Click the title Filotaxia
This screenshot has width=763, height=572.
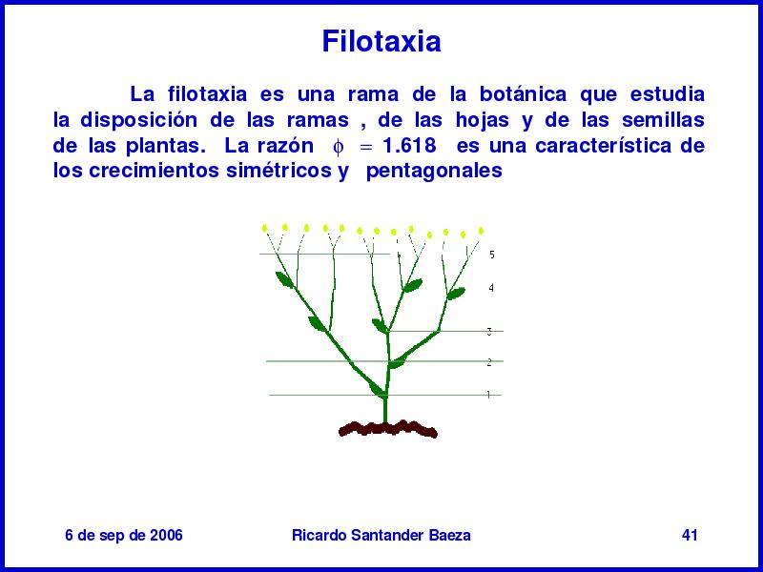381,41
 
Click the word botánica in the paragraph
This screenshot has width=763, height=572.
523,93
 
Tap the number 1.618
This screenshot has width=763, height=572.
410,146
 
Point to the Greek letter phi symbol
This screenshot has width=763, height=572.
339,147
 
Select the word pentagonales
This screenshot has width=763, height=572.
434,172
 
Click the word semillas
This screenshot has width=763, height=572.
663,120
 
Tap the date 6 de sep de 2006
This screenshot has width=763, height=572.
124,535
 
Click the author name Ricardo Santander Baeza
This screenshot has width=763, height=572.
381,535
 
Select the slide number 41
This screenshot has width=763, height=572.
690,535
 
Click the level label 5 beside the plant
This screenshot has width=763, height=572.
492,255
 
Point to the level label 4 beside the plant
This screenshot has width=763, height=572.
491,288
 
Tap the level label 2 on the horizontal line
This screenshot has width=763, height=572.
489,362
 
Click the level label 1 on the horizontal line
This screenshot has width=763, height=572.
488,395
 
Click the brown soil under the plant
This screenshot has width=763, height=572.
387,429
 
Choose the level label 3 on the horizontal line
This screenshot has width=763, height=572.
489,332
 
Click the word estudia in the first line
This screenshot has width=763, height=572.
667,93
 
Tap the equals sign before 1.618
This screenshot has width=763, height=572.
365,147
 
